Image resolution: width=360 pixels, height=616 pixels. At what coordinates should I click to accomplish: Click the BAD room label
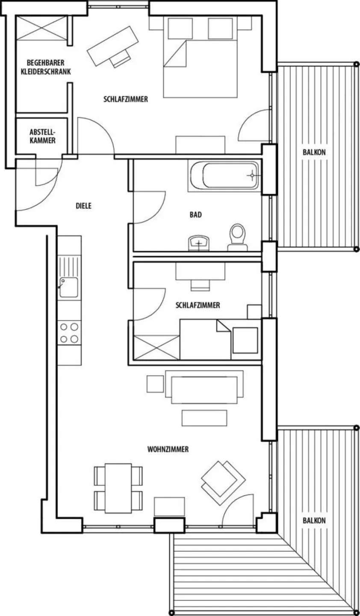pos(196,215)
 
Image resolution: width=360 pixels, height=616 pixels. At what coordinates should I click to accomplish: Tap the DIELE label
pos(83,206)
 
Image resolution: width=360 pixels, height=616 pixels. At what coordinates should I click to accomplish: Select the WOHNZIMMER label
pos(168,449)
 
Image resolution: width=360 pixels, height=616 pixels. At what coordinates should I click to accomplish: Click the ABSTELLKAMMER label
pos(43,136)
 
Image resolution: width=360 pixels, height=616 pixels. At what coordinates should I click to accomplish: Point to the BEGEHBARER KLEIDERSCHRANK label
pos(46,68)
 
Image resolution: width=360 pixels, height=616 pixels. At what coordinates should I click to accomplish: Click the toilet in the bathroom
pos(238,237)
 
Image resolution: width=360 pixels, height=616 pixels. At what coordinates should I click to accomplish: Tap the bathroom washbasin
pos(199,243)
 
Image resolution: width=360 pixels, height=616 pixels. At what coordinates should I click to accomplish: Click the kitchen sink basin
pos(69,287)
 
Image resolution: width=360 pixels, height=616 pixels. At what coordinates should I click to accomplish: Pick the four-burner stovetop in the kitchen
pos(69,333)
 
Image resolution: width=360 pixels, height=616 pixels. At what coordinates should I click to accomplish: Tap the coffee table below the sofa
pos(204,418)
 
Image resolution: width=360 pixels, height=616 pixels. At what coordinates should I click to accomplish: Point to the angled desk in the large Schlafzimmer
pos(113,46)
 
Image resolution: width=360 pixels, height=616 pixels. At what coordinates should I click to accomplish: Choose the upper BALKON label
pos(314,152)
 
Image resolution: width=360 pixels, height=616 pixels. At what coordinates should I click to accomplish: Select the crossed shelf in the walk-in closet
pos(41,28)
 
